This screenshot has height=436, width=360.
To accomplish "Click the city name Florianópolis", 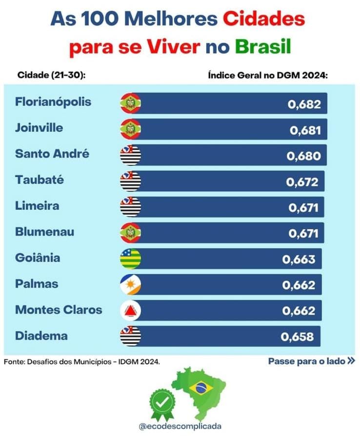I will point(53,102).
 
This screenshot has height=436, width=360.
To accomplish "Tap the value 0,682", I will point(304,104).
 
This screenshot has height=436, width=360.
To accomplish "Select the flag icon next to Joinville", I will point(130,129).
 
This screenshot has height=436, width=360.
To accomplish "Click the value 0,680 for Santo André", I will point(304,156).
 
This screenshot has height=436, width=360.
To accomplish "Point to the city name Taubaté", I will point(40,180).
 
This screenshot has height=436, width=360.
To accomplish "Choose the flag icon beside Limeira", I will point(130,207).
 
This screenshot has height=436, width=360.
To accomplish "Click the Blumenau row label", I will point(45,232).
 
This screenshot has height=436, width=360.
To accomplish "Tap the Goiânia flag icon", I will point(130,258).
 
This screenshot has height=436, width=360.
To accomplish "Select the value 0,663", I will point(299,259).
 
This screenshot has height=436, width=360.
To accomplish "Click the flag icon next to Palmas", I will point(130,284).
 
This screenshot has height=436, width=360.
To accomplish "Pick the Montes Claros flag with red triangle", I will point(130,310).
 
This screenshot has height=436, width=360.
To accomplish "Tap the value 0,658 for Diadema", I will point(297,337).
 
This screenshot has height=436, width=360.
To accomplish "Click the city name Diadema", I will point(41,336).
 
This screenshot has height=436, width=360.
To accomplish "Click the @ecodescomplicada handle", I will point(180,426).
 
